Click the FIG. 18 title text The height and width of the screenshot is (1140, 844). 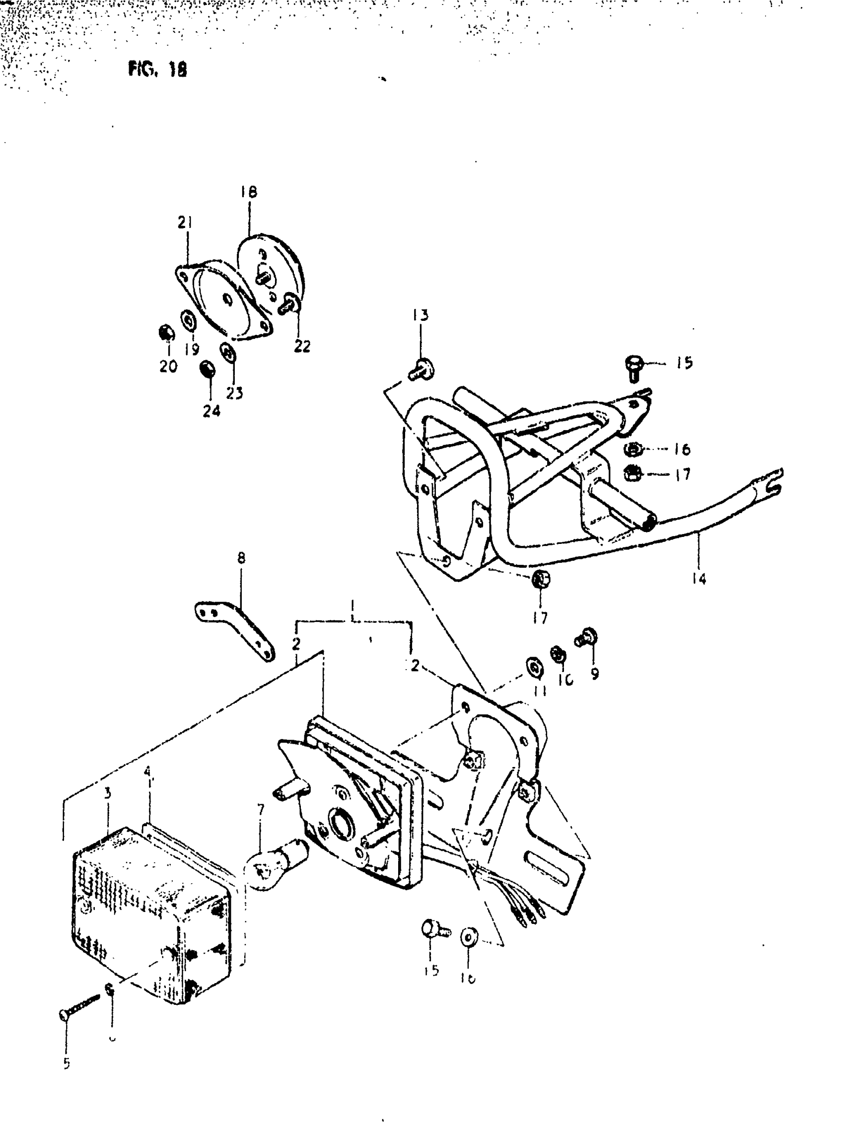(157, 69)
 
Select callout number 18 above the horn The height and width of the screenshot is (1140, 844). (249, 192)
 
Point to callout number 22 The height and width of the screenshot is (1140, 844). (302, 347)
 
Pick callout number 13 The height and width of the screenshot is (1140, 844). (421, 315)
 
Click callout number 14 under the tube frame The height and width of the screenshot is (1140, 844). (699, 579)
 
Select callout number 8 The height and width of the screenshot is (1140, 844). (241, 558)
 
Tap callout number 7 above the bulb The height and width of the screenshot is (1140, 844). (261, 810)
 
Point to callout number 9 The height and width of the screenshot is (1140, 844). (595, 674)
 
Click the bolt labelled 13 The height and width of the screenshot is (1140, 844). (422, 369)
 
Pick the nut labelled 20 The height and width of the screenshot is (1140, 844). (166, 333)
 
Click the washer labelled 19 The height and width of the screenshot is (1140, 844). (190, 321)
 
